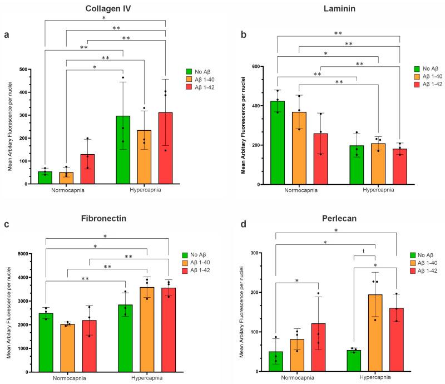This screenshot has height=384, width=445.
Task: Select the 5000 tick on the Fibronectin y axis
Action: pos(28,254)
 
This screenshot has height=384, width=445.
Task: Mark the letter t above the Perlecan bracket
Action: pos(364,251)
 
